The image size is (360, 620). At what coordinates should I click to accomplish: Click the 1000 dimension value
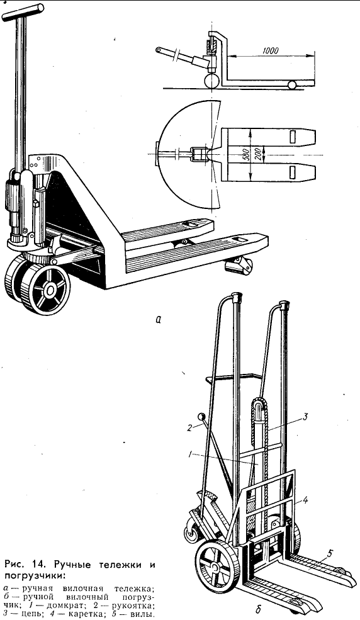[x=270, y=50]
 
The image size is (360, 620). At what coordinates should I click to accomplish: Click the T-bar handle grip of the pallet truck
[x=23, y=12]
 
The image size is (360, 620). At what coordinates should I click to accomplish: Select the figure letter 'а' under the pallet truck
[x=158, y=319]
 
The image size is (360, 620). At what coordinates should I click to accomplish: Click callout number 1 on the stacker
[x=191, y=455]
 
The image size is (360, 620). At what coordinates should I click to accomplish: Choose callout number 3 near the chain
[x=305, y=416]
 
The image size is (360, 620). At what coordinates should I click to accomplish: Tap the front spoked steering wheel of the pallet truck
[x=46, y=290]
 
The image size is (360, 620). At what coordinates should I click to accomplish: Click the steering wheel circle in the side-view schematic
[x=212, y=81]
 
